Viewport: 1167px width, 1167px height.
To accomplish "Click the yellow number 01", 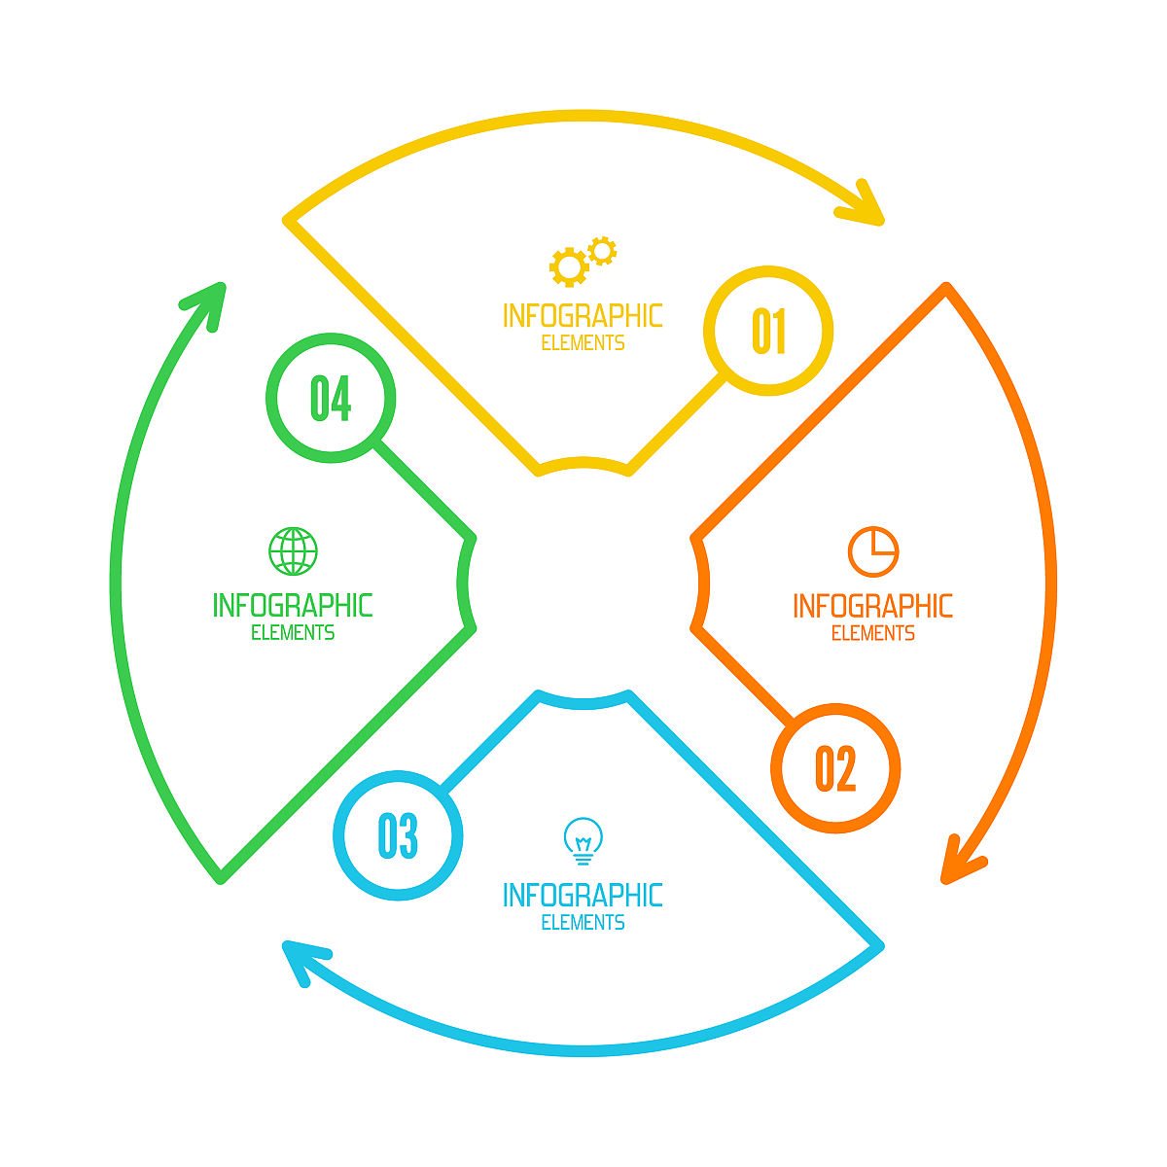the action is (x=768, y=331).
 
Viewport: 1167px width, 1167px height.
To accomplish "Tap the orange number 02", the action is (x=835, y=768).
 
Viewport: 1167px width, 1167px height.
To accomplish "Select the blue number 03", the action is (x=398, y=835).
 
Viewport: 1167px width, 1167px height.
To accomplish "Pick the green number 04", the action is (x=331, y=398).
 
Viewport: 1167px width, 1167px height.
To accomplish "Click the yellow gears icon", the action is (x=583, y=262).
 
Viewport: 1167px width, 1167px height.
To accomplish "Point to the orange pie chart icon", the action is (x=872, y=551).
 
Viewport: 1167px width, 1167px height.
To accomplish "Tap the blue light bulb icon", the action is (x=583, y=841).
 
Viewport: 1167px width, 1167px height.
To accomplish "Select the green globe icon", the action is (x=293, y=551).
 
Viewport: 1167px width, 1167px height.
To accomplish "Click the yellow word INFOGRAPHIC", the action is (x=583, y=316).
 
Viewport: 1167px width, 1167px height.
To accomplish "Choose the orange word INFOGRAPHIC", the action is (x=872, y=606).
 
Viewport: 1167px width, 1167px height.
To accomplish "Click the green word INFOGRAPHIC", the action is (x=293, y=606).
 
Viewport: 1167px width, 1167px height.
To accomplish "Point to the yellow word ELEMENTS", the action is (x=583, y=342).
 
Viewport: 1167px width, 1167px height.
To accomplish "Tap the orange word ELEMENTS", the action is (x=872, y=633).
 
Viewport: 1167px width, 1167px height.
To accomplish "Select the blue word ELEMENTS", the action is (x=583, y=922).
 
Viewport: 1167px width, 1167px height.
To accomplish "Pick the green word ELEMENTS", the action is (x=293, y=633).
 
